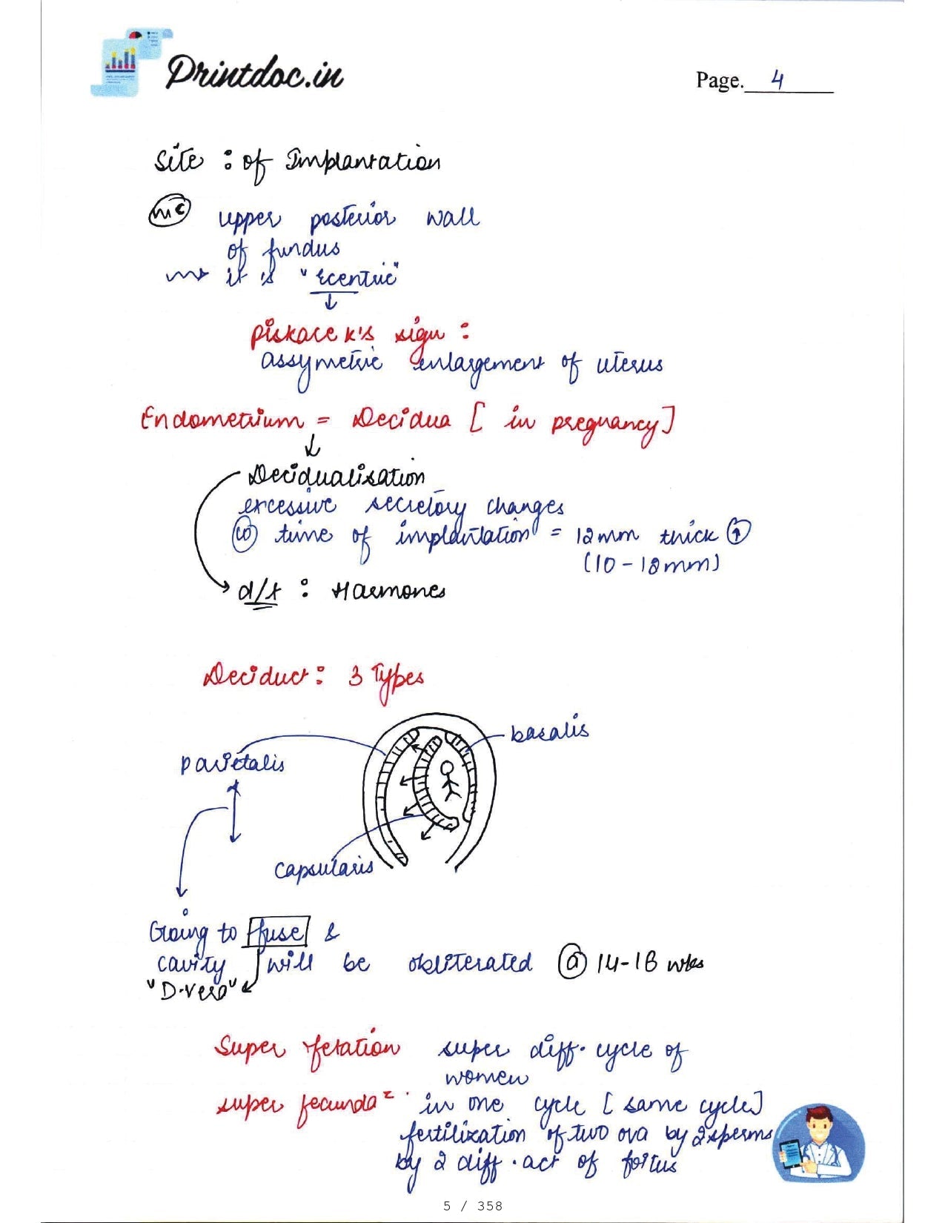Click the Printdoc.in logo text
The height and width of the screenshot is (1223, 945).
pyautogui.click(x=253, y=73)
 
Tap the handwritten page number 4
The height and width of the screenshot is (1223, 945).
pyautogui.click(x=777, y=79)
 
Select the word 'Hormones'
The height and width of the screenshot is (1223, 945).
pyautogui.click(x=388, y=591)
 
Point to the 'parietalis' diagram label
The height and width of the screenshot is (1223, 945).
pyautogui.click(x=232, y=763)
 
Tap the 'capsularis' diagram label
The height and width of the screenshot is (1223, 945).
pyautogui.click(x=323, y=869)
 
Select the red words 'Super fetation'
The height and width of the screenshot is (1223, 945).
pyautogui.click(x=307, y=1047)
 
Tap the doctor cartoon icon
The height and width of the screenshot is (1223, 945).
pyautogui.click(x=818, y=1142)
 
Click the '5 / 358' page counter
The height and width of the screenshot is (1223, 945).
pyautogui.click(x=472, y=1206)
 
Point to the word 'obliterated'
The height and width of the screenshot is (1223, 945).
pyautogui.click(x=470, y=963)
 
